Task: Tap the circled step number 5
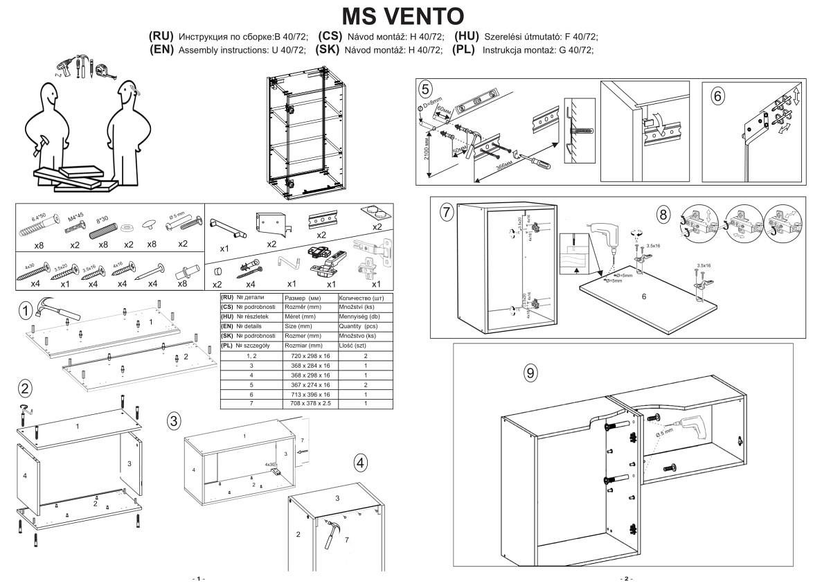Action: click(425, 89)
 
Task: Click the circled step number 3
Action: click(174, 420)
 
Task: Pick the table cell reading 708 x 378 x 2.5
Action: click(310, 403)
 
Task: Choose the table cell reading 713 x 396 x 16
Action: click(310, 394)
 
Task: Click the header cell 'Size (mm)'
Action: click(310, 326)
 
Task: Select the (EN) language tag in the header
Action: click(162, 50)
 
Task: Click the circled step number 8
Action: click(663, 214)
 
